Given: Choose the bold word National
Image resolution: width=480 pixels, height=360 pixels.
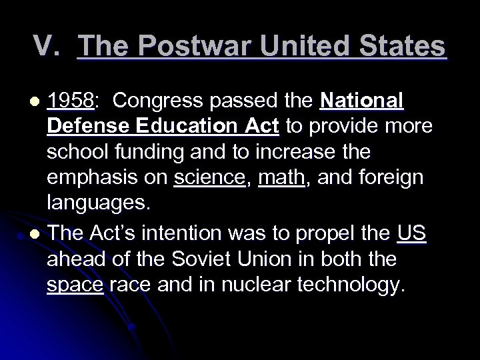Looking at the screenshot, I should [361, 100].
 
